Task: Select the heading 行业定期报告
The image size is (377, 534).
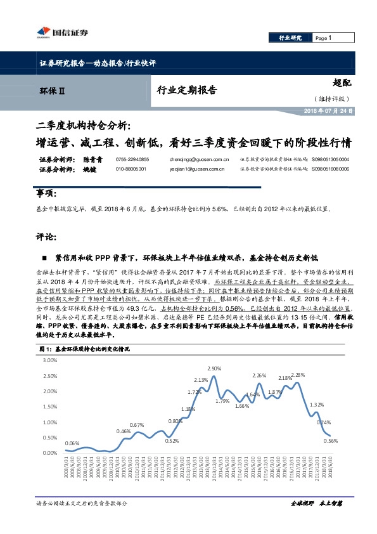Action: tap(187, 91)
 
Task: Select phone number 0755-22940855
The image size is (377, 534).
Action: tap(132, 160)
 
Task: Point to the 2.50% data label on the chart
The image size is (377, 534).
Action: tap(214, 368)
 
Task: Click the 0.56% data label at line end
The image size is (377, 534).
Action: tap(331, 441)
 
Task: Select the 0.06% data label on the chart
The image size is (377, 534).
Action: tap(72, 443)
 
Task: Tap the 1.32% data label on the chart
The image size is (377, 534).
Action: tap(317, 405)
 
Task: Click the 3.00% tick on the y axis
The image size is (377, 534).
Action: tap(48, 360)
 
